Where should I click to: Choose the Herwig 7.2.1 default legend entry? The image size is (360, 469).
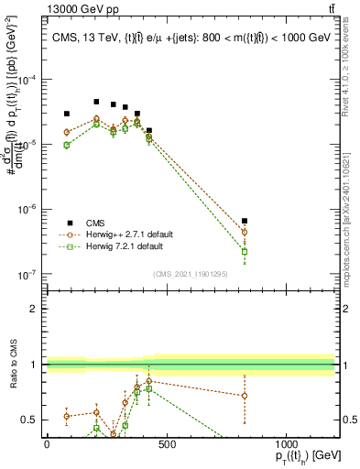click(x=125, y=246)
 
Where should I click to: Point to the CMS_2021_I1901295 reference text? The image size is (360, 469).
click(x=190, y=274)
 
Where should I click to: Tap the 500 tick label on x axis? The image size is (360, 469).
click(x=167, y=444)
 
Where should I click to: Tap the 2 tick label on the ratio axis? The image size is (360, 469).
click(x=33, y=308)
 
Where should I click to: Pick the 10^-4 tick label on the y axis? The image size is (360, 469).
click(x=27, y=80)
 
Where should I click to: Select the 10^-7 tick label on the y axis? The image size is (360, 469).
click(x=27, y=274)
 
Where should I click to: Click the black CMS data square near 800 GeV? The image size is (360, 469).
click(x=245, y=221)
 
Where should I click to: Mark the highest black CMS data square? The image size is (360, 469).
click(x=96, y=102)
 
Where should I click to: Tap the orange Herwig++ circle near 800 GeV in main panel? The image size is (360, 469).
click(x=245, y=233)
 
